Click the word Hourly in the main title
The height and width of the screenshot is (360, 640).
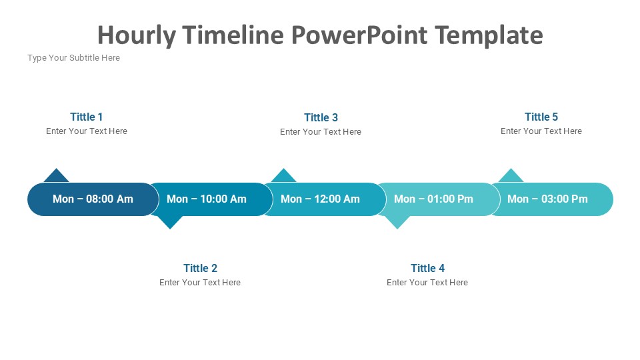[x=137, y=36]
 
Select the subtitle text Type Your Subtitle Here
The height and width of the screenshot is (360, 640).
[x=74, y=58]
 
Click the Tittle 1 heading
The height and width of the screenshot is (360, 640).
[x=86, y=117]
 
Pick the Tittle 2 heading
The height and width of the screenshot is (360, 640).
[x=200, y=268]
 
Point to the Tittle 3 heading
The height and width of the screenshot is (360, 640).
[x=321, y=117]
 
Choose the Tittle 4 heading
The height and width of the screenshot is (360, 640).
[x=427, y=268]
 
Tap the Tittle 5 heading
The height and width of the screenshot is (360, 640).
[x=541, y=117]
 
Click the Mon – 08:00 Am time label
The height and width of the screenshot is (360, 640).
[x=93, y=199]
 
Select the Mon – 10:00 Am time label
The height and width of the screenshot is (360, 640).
[x=207, y=199]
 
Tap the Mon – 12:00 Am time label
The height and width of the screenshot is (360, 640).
[x=321, y=199]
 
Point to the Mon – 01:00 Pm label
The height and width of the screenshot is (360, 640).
[x=433, y=199]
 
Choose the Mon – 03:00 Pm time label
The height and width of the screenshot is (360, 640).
[x=547, y=199]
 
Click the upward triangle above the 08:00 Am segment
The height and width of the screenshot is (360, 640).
[x=56, y=177]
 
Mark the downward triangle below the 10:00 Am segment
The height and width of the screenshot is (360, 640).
[x=170, y=221]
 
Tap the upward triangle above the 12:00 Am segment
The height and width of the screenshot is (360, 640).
[x=284, y=177]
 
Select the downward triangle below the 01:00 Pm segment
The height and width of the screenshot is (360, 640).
[x=397, y=221]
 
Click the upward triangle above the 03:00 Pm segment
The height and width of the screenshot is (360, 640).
[x=511, y=177]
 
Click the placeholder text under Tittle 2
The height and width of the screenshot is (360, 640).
[x=200, y=283]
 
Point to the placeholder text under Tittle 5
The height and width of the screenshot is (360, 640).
[x=541, y=131]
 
